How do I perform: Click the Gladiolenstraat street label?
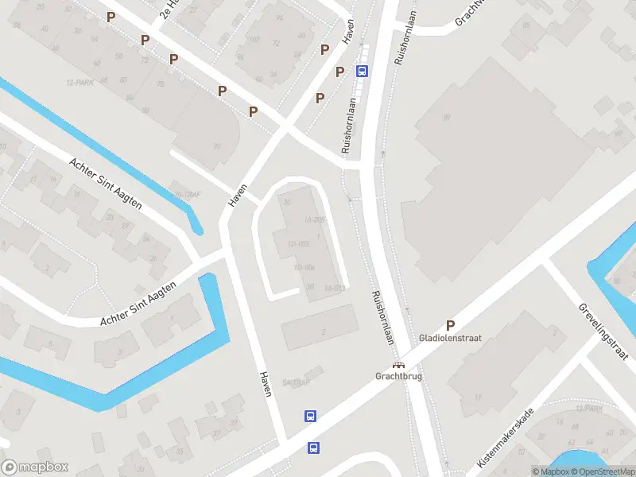tap(450, 338)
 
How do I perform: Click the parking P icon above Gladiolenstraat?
tap(450, 324)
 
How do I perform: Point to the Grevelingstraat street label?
tap(603, 330)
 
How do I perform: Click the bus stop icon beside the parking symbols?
tap(363, 71)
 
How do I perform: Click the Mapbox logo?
tap(35, 467)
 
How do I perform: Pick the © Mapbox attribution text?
tap(551, 471)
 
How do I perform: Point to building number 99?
tap(447, 118)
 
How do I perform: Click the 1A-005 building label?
tap(315, 219)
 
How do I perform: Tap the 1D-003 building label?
tap(298, 243)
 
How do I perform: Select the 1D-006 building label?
tap(304, 267)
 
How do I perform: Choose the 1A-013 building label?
tap(335, 288)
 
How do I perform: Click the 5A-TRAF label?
tap(294, 382)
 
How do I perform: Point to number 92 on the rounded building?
tap(217, 146)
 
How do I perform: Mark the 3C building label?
tap(288, 200)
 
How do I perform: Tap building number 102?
tap(254, 38)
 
